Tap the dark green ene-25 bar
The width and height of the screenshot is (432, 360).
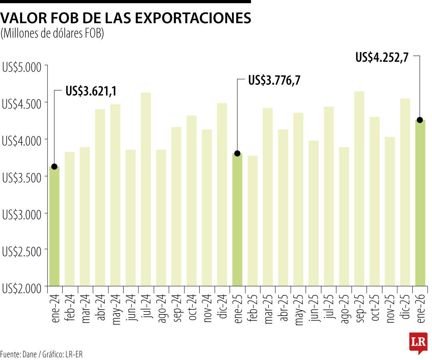click(x=237, y=220)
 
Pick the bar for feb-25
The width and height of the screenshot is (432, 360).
click(x=252, y=220)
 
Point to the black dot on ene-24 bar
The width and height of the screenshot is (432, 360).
click(x=54, y=166)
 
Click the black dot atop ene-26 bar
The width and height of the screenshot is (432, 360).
click(x=420, y=120)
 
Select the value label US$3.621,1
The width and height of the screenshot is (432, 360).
click(x=91, y=92)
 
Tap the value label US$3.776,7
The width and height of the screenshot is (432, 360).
click(x=274, y=80)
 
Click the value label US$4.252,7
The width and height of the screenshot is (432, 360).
click(x=382, y=58)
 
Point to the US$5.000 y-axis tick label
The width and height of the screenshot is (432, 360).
click(x=22, y=67)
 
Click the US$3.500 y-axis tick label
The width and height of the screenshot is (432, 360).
click(x=22, y=178)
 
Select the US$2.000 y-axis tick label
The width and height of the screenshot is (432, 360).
click(x=22, y=288)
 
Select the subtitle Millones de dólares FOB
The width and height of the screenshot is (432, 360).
click(x=52, y=34)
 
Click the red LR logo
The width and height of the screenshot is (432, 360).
click(x=418, y=342)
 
